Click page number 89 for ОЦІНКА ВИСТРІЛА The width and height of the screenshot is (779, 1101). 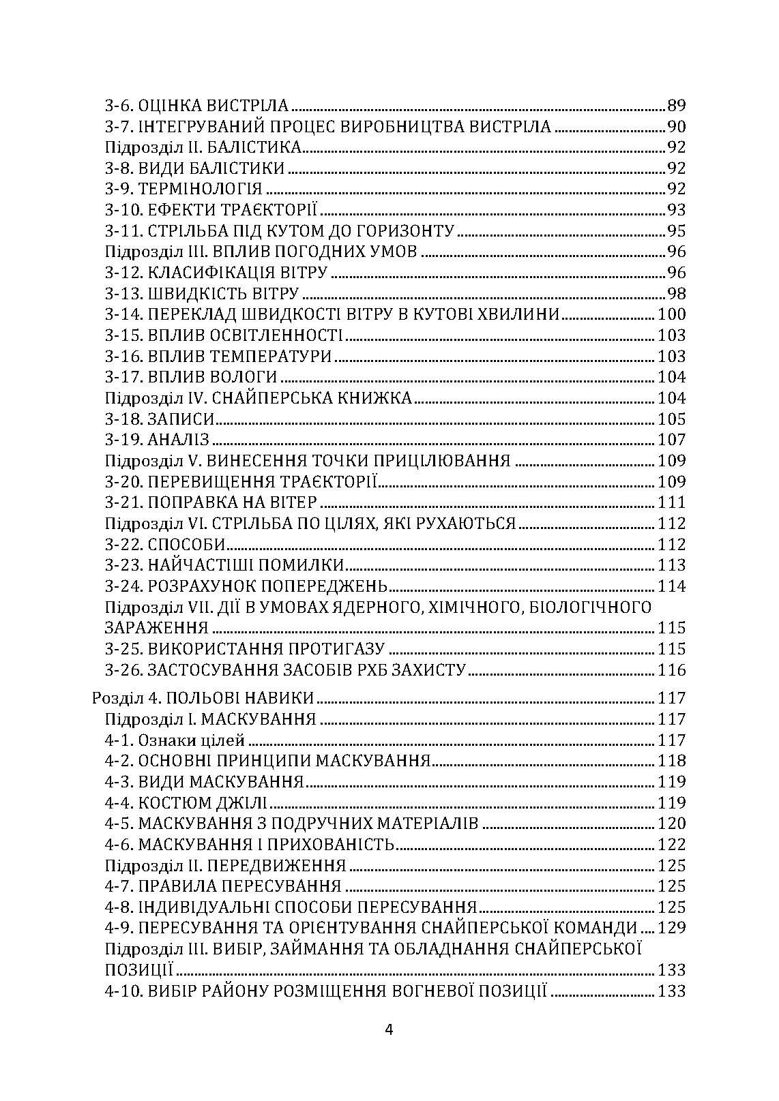pos(676,106)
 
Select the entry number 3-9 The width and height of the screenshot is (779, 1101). pos(119,189)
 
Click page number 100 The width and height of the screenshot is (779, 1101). pos(671,314)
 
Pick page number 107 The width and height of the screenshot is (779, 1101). pos(671,440)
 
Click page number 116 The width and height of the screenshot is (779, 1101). pos(671,670)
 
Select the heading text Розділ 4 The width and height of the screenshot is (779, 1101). pos(117,698)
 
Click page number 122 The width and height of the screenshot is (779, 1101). pos(671,845)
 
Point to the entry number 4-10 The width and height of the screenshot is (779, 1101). pos(123,991)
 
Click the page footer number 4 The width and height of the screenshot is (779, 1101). pos(389,1030)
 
